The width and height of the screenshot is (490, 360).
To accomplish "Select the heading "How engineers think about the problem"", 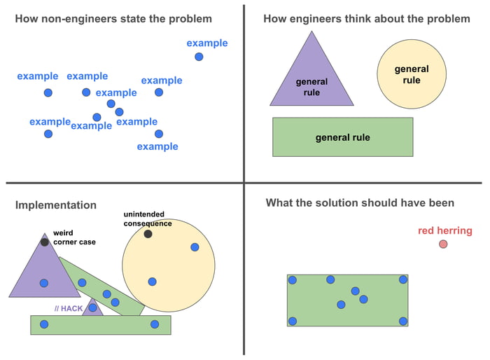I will [x=366, y=19].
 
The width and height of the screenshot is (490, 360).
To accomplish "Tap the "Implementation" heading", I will [x=56, y=205].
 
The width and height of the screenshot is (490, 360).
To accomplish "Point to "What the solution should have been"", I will [x=360, y=203].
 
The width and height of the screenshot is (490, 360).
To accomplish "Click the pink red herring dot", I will [x=443, y=244].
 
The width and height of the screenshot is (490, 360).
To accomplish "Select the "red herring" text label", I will [x=444, y=230].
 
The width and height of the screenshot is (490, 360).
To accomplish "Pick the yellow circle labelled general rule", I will [x=412, y=74].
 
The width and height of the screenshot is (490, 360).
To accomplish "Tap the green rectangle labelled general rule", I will [x=342, y=137].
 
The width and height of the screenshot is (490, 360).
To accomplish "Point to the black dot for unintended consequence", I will [x=148, y=234].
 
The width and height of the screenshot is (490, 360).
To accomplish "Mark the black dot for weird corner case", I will [x=45, y=242].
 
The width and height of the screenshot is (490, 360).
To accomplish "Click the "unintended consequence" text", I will [x=147, y=219].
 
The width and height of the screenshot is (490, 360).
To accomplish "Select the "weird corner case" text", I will [x=73, y=237].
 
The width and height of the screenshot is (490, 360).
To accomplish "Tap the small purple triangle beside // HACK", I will [x=93, y=309].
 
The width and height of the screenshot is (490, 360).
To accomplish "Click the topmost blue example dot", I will [x=199, y=57].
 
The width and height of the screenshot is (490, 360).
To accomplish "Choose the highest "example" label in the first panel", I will [x=206, y=43].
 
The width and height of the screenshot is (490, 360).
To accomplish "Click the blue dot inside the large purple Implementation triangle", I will [x=44, y=283].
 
